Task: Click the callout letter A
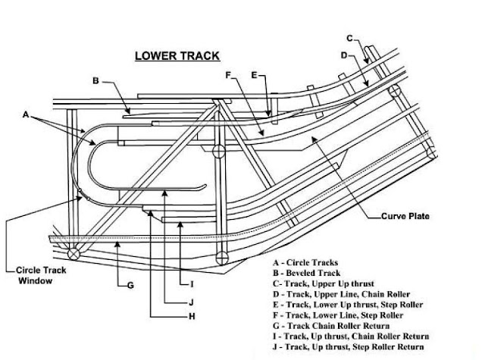27,115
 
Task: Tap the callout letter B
96,80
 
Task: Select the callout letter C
349,38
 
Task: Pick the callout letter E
255,75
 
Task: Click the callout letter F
228,75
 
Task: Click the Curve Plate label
406,216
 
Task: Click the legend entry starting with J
350,346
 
